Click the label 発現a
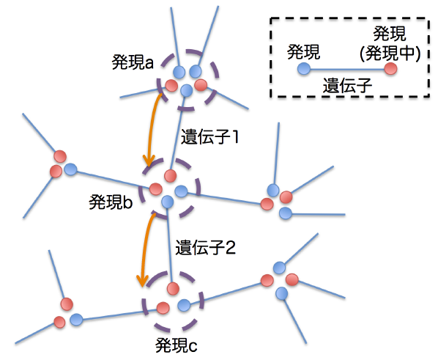[133, 62]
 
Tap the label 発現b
[111, 202]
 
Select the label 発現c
[177, 345]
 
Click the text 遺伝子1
[209, 137]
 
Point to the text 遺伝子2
[205, 247]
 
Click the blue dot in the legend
[304, 68]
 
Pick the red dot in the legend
[391, 68]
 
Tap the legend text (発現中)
[390, 53]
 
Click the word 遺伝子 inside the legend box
[347, 85]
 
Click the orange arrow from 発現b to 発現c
[144, 249]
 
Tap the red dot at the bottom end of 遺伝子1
[171, 176]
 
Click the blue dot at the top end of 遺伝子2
[167, 202]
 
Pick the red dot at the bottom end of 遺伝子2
[173, 288]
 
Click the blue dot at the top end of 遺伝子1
[187, 91]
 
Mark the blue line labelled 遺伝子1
[179, 133]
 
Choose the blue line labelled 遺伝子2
[170, 245]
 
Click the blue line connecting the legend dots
[347, 69]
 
